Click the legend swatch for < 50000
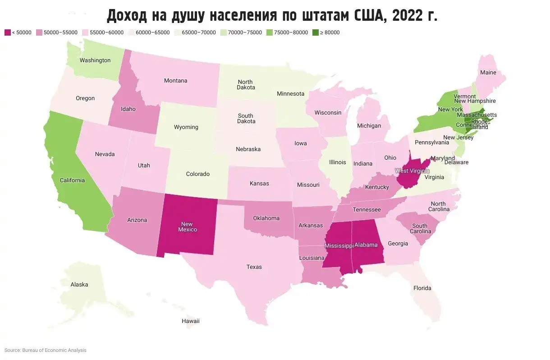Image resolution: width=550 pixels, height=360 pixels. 7,32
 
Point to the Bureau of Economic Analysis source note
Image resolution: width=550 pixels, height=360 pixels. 45,350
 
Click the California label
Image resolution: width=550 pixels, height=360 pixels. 72,180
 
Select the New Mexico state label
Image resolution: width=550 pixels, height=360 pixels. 187,226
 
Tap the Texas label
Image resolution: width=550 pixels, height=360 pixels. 254,267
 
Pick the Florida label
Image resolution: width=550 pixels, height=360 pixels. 422,288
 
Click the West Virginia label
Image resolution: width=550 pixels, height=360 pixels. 412,171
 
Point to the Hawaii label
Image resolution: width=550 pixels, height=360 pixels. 191,321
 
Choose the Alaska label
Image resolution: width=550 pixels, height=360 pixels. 79,285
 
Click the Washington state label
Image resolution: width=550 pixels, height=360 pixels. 95,60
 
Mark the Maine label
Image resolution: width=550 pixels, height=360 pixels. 488,72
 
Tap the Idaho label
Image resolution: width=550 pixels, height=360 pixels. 128,109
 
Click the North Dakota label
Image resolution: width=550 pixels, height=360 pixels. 246,84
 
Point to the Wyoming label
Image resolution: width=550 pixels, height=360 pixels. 186,127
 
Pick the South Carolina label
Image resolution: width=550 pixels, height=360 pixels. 420,228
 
